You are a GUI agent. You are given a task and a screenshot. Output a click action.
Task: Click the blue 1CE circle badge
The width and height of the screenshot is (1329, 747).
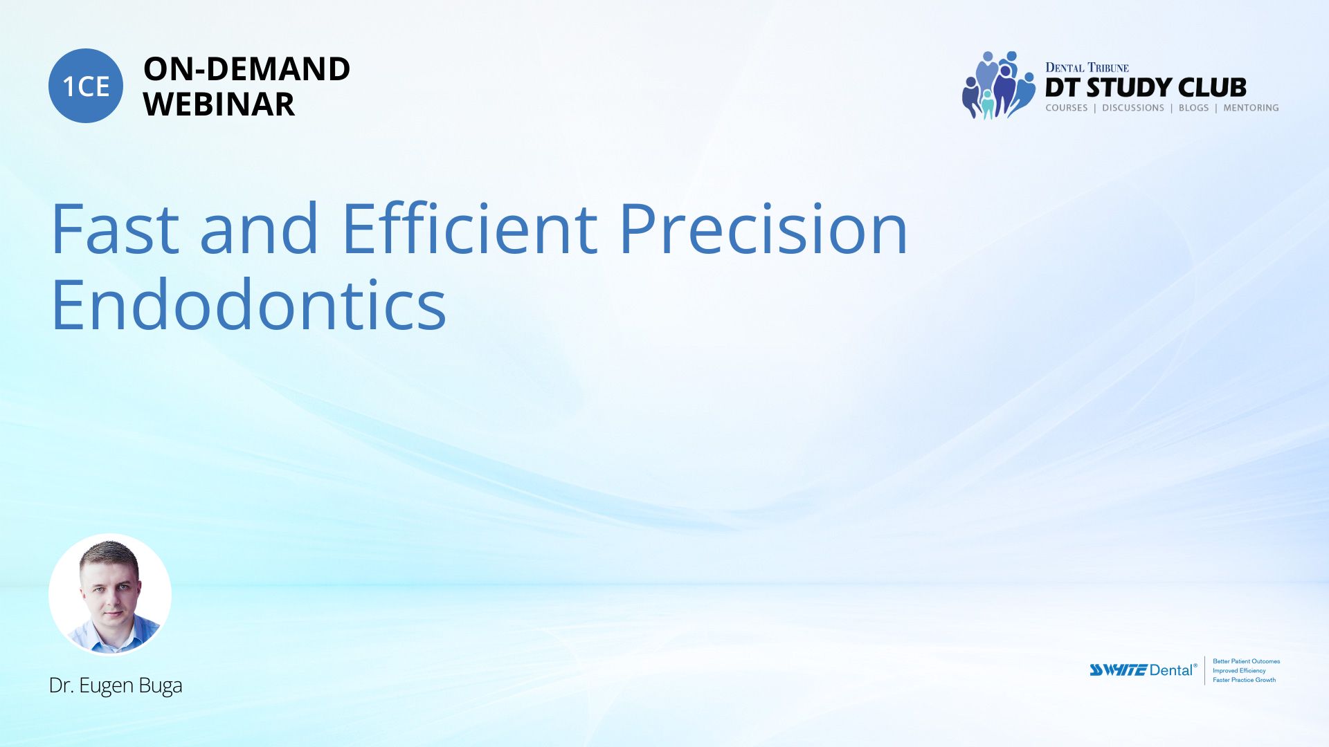pyautogui.click(x=86, y=86)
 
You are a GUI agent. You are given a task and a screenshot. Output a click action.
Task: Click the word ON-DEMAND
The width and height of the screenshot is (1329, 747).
pyautogui.click(x=246, y=68)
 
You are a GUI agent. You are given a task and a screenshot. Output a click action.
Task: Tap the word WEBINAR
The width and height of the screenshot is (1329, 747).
pyautogui.click(x=219, y=104)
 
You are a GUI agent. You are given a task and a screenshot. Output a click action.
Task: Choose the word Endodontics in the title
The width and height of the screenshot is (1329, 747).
pyautogui.click(x=248, y=304)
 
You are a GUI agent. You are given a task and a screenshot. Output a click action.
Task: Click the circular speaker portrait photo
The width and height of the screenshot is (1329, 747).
pyautogui.click(x=110, y=594)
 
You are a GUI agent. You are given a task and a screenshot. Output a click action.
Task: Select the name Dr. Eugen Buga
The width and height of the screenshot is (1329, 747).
pyautogui.click(x=116, y=685)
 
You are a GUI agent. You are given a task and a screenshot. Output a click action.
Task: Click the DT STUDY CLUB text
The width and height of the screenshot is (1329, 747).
pyautogui.click(x=1146, y=88)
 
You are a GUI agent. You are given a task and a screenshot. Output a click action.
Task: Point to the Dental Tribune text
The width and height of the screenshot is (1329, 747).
pyautogui.click(x=1087, y=67)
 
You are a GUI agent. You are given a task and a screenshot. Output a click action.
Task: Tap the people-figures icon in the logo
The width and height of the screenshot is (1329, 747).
pyautogui.click(x=997, y=85)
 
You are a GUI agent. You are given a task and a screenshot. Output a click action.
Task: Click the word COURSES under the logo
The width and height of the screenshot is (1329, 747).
pyautogui.click(x=1067, y=108)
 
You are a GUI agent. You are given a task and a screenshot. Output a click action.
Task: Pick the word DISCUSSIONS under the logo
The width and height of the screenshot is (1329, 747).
pyautogui.click(x=1133, y=108)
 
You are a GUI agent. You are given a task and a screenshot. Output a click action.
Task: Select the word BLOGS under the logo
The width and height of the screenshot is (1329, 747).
pyautogui.click(x=1193, y=108)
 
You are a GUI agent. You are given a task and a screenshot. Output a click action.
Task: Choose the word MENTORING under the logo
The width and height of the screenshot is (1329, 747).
pyautogui.click(x=1251, y=108)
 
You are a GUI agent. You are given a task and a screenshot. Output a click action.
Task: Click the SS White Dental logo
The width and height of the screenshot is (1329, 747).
pyautogui.click(x=1143, y=670)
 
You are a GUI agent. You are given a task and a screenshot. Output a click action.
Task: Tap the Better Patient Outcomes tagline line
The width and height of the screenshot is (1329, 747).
pyautogui.click(x=1246, y=661)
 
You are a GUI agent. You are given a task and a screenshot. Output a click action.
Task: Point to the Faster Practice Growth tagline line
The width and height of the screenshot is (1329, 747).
pyautogui.click(x=1244, y=680)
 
